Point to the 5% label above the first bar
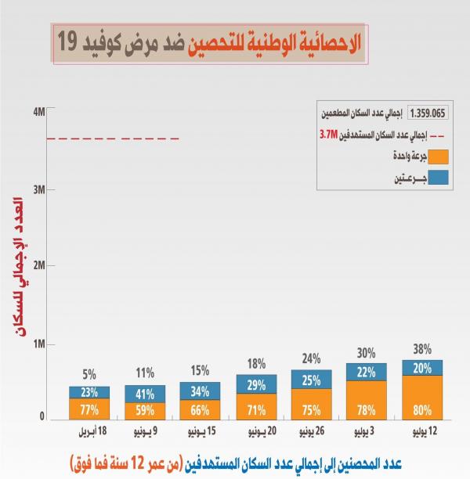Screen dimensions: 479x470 89,376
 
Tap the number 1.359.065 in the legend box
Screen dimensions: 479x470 428,113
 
